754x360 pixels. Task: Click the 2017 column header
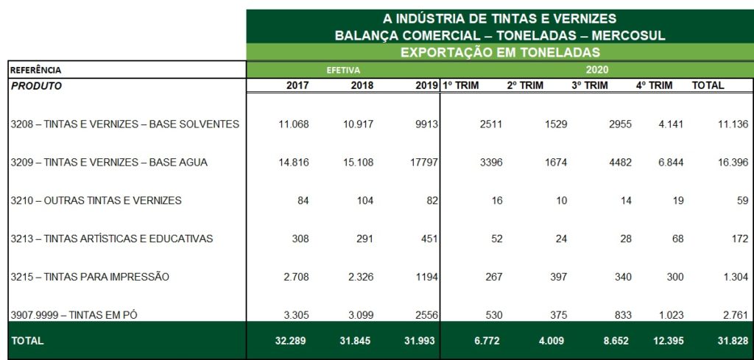(297, 85)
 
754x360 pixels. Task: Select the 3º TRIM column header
(590, 85)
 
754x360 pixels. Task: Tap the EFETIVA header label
(343, 70)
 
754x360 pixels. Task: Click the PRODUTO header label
(37, 86)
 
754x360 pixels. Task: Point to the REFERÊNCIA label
(36, 70)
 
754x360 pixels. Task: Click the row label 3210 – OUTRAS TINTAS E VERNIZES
(96, 200)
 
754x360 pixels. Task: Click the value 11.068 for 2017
(294, 124)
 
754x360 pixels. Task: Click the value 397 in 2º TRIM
(557, 277)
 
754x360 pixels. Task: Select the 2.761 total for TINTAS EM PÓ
(733, 315)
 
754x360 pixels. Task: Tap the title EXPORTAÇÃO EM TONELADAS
(500, 52)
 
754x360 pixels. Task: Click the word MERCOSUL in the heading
(629, 35)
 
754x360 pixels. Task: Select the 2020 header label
(597, 70)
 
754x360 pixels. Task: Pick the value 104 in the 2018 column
(364, 200)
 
